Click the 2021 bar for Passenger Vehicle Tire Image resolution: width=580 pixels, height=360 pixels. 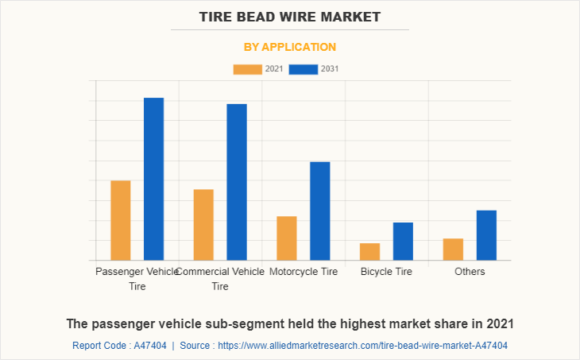point(121,220)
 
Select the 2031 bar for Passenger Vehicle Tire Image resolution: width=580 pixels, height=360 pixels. point(153,179)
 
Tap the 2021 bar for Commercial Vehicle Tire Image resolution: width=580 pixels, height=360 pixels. point(203,225)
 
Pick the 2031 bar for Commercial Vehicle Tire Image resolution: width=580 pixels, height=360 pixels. point(237,182)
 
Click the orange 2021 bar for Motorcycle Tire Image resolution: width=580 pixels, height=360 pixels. point(287,238)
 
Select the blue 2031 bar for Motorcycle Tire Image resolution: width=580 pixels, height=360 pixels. point(320,211)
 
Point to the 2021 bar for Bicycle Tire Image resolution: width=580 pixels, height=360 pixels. point(369,251)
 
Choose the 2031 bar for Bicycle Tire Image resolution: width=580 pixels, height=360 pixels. point(403,241)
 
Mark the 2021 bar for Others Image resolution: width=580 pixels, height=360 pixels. point(453,250)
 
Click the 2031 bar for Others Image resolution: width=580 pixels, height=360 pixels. point(486,235)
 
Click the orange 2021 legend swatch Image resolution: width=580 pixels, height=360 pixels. point(247,69)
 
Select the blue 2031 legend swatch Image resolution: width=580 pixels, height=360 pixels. point(304,69)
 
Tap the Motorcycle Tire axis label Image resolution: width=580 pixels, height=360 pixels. point(304,272)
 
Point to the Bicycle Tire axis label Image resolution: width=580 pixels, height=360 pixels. point(386,272)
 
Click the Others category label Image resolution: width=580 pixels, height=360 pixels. point(470,272)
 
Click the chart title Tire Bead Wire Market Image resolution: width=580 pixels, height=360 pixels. point(290,16)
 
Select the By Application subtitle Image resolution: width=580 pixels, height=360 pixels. point(290,47)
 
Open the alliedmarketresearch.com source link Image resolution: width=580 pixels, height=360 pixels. point(362,346)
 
